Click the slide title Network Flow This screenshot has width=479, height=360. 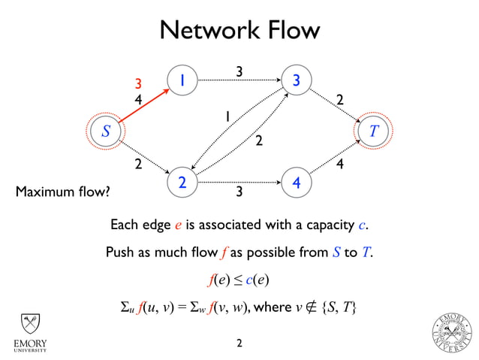pos(239,31)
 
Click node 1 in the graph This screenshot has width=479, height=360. pos(182,80)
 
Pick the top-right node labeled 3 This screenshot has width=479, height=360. pos(297,80)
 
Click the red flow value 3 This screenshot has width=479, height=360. pos(138,83)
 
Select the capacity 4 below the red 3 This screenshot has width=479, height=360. pos(138,98)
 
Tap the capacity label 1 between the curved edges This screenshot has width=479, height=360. pos(224,117)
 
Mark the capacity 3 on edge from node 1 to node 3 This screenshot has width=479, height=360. pos(239,71)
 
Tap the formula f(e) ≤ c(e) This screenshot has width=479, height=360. pos(239,280)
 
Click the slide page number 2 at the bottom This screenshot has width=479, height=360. pos(239,343)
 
